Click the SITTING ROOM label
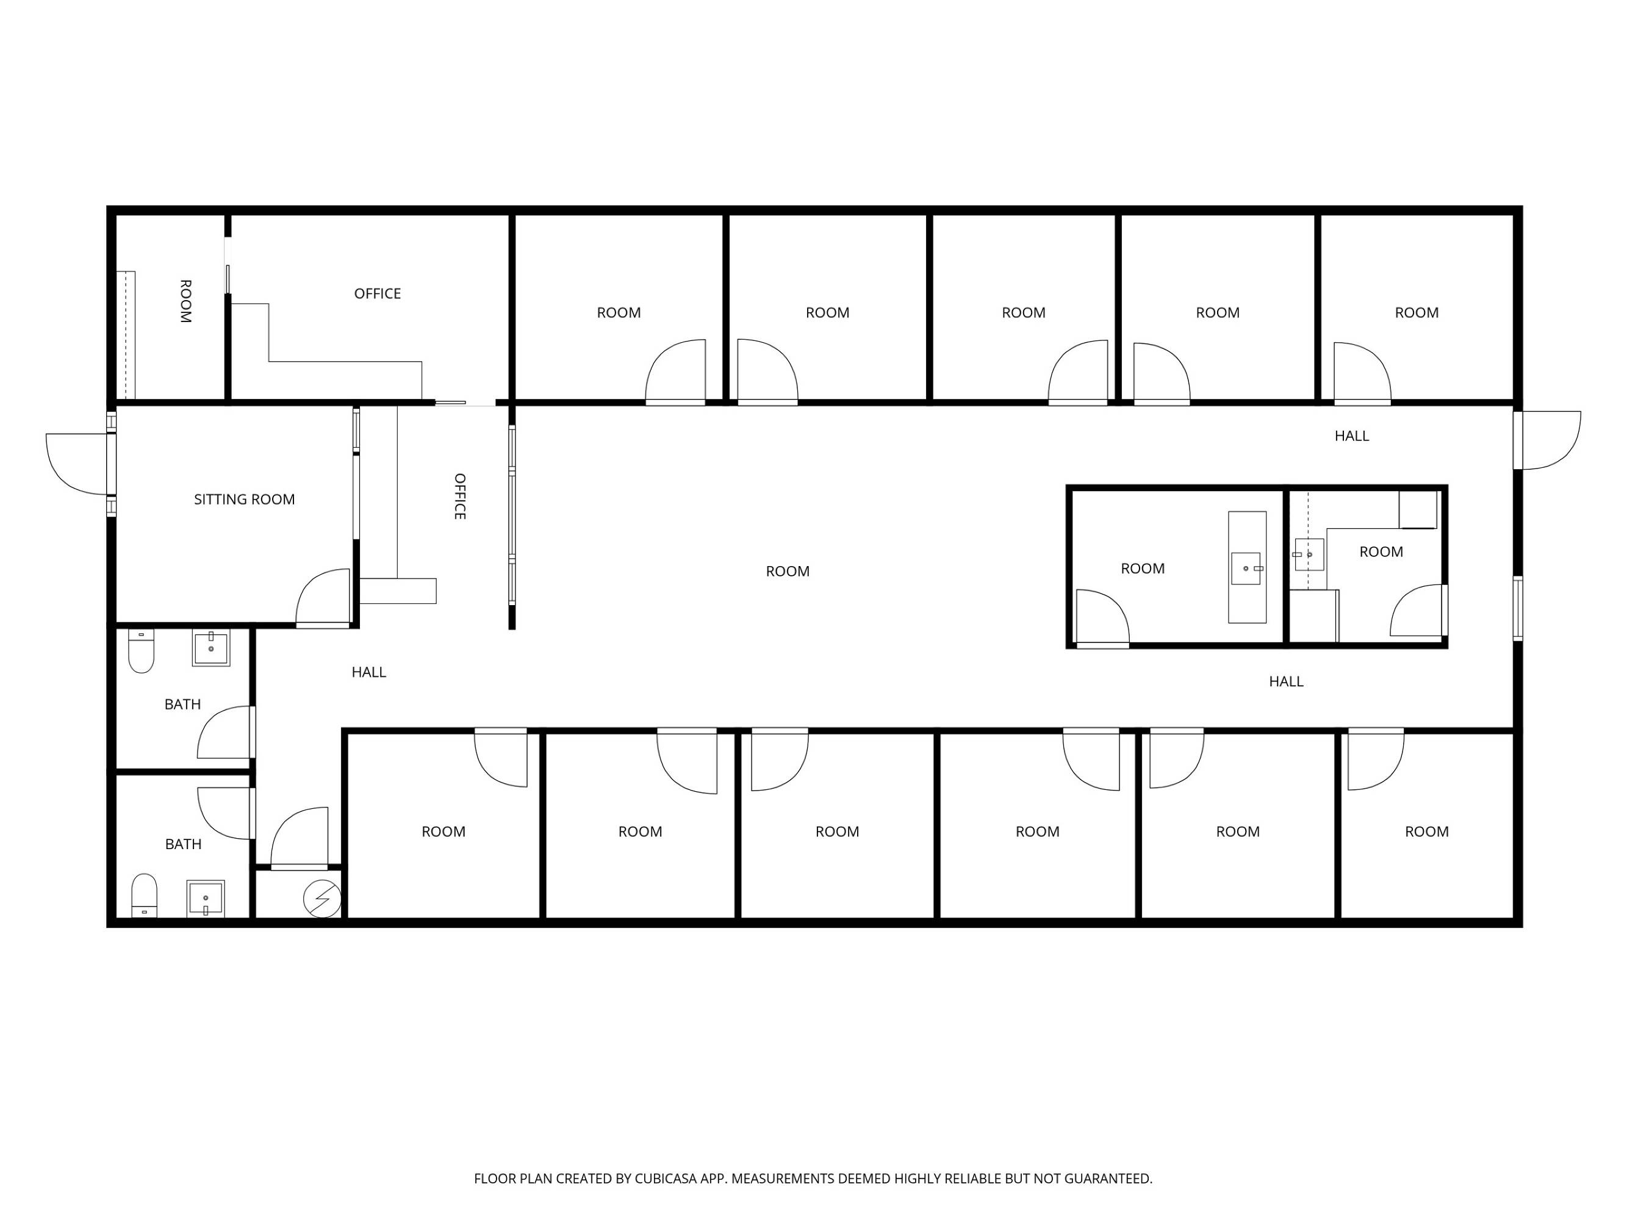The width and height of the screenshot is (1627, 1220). pyautogui.click(x=244, y=500)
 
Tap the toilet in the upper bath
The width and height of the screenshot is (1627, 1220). pyautogui.click(x=141, y=651)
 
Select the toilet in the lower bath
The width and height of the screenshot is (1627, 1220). pyautogui.click(x=144, y=895)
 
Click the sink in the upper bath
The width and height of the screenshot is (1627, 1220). pyautogui.click(x=211, y=648)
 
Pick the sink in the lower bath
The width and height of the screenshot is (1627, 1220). pyautogui.click(x=205, y=899)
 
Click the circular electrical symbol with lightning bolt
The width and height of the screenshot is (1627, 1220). pyautogui.click(x=322, y=899)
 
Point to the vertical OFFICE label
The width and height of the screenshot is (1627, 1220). pyautogui.click(x=460, y=497)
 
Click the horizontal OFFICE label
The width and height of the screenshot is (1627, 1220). pyautogui.click(x=378, y=293)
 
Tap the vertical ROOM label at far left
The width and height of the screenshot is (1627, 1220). pyautogui.click(x=185, y=301)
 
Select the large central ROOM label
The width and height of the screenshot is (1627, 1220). pyautogui.click(x=788, y=572)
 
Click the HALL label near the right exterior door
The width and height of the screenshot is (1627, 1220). pyautogui.click(x=1352, y=436)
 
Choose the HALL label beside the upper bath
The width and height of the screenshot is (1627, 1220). pyautogui.click(x=368, y=672)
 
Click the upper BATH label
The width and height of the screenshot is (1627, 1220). pyautogui.click(x=182, y=705)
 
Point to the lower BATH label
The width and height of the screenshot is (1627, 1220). pyautogui.click(x=183, y=844)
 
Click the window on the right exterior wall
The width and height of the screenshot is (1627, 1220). pyautogui.click(x=1517, y=609)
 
